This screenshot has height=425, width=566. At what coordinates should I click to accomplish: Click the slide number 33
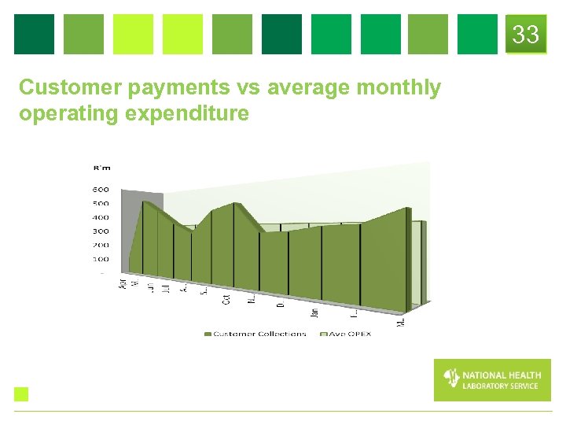pos(526,35)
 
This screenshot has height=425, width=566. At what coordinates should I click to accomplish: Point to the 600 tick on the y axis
pos(101,190)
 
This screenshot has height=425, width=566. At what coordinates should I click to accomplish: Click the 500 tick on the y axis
pos(101,204)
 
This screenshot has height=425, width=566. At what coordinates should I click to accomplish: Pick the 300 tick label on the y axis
pos(101,231)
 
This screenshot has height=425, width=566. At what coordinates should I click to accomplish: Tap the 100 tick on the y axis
pos(101,259)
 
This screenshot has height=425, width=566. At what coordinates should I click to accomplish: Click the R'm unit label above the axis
pos(101,167)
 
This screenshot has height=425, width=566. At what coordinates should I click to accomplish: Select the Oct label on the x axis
pos(226,298)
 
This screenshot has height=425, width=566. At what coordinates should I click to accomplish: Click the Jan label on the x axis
pos(314,312)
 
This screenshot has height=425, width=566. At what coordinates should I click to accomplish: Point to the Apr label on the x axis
pos(122,283)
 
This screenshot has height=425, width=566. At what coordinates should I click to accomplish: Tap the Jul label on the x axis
pos(166,287)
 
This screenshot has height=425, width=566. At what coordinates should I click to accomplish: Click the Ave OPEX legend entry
pos(345,334)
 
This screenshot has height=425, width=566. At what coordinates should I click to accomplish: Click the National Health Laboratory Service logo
pos(492,380)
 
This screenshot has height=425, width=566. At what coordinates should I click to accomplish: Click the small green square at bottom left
pos(21,394)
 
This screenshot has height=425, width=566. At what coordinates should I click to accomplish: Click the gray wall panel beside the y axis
pos(130,228)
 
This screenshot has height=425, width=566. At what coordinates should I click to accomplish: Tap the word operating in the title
pos(66,114)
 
